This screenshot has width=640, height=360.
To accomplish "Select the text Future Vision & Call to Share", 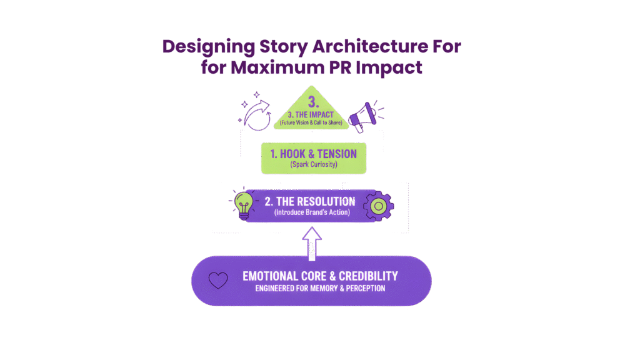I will click(x=311, y=124).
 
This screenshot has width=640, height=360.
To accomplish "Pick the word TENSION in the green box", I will click(x=336, y=154).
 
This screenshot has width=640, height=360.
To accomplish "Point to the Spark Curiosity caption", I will click(x=313, y=165).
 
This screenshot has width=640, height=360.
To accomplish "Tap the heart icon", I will click(x=217, y=281).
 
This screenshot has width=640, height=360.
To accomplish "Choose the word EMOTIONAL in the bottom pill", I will click(x=273, y=276).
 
